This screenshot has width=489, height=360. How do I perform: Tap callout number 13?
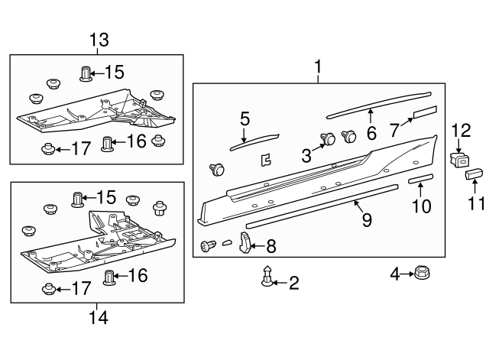click(x=99, y=40)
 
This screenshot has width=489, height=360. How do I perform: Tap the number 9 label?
click(x=368, y=220)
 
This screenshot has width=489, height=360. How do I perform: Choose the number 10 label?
click(x=422, y=206)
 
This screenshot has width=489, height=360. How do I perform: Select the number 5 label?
click(x=244, y=118)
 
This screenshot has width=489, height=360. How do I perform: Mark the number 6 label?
click(x=371, y=132)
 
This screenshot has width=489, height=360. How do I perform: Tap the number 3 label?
click(x=305, y=155)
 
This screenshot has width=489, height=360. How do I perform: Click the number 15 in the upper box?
click(x=114, y=73)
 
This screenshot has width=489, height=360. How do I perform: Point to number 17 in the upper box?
click(x=79, y=148)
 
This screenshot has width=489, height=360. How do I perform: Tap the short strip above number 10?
click(x=420, y=178)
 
